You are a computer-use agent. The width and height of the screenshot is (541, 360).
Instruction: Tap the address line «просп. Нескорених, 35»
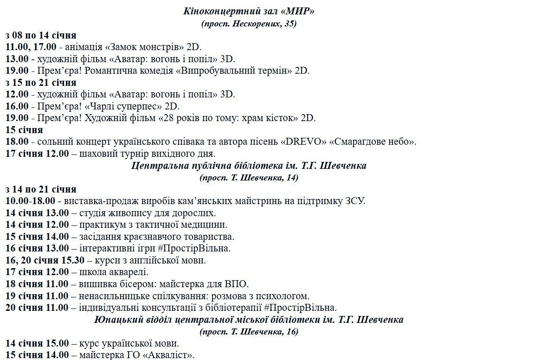coord(249,23)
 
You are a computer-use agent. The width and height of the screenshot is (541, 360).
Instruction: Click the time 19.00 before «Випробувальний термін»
coord(17,71)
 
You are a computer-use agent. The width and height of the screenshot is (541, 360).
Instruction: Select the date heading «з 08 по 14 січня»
coord(41,35)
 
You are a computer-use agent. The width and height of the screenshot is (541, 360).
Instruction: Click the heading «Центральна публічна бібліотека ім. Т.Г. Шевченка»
coord(249,166)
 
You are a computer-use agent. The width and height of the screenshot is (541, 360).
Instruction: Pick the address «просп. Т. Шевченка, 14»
coord(249,177)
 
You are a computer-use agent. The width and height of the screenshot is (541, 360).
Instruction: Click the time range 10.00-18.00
coord(31,201)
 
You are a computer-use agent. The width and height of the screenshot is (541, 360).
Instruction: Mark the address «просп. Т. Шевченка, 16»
coord(249,332)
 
